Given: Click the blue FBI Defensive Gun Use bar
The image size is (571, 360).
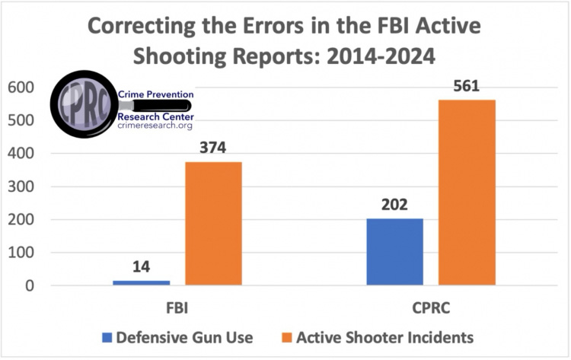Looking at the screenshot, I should tap(142, 283).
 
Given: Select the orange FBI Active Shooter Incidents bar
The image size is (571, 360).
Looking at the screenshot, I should tap(213, 224).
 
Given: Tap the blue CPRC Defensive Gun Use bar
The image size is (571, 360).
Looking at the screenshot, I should tap(394, 252).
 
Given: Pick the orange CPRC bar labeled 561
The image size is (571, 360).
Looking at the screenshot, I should tap(466, 193).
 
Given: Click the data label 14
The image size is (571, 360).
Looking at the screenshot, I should tap(142, 266).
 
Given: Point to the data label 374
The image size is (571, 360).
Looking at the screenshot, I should tap(213, 148).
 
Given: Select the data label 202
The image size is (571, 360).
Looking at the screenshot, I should tap(394, 205).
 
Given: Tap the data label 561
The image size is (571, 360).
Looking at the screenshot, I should tap(466, 86).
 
